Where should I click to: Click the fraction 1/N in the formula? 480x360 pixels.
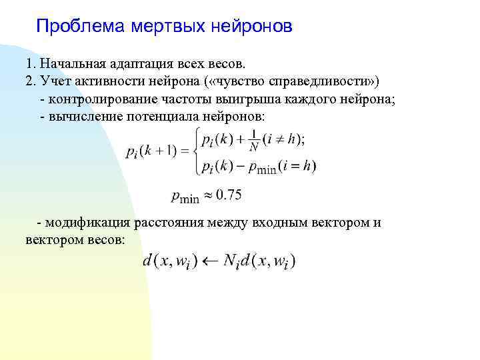253,141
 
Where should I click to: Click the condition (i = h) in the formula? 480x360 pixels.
297,167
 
